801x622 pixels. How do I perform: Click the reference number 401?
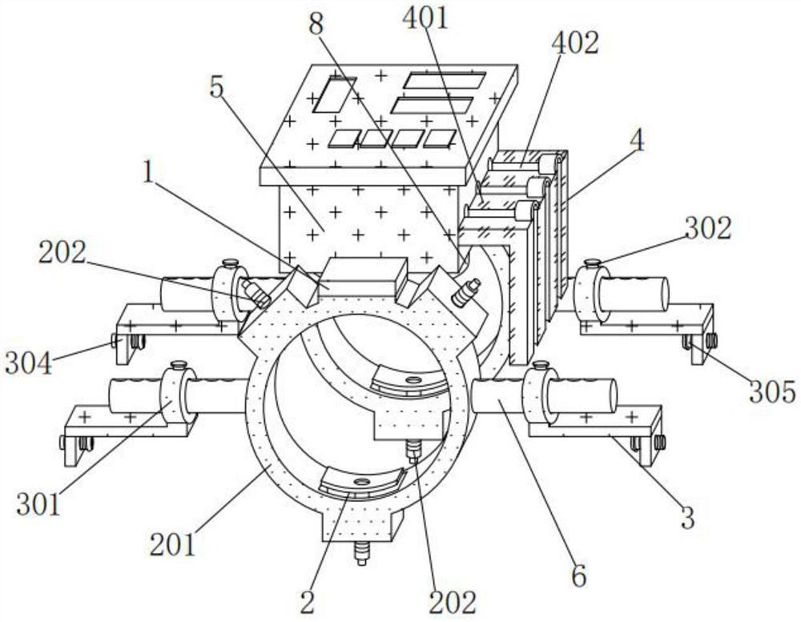425,18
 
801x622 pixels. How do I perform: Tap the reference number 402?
574,43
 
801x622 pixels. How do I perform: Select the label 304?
29,364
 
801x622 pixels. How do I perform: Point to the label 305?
772,392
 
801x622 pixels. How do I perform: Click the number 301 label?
39,504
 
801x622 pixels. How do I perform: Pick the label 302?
708,228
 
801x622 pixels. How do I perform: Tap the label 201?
173,544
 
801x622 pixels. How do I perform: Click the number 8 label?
316,24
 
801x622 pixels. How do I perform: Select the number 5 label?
216,88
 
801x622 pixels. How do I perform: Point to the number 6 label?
579,576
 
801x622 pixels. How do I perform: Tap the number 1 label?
148,173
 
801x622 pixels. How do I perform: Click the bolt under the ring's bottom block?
362,554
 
